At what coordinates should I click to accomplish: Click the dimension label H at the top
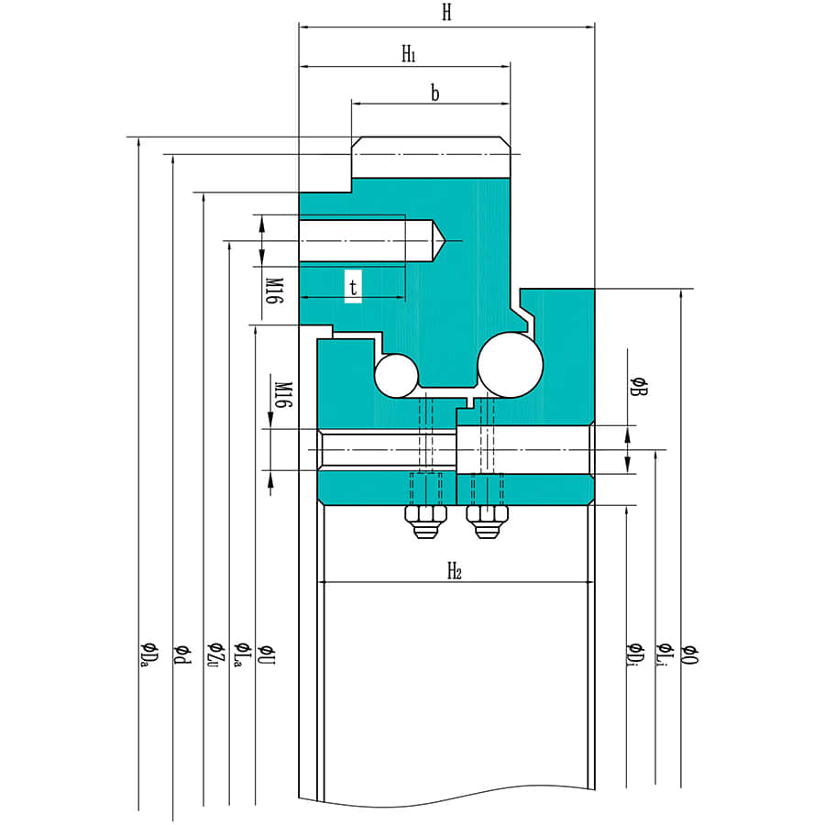pos(446,13)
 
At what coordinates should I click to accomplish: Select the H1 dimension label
pos(409,54)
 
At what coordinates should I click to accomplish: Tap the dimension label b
pos(434,93)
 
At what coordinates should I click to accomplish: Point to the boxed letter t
pos(353,287)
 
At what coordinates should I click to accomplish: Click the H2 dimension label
pos(454,572)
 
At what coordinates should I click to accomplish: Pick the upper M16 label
pos(273,290)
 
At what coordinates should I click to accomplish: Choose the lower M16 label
pos(283,395)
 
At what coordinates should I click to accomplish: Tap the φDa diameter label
pos(145,653)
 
